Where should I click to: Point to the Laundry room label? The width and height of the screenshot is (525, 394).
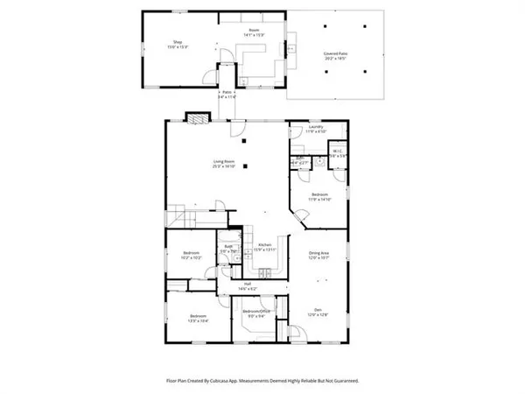pyautogui.click(x=316, y=128)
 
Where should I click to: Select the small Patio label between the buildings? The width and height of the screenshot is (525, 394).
pyautogui.click(x=227, y=94)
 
